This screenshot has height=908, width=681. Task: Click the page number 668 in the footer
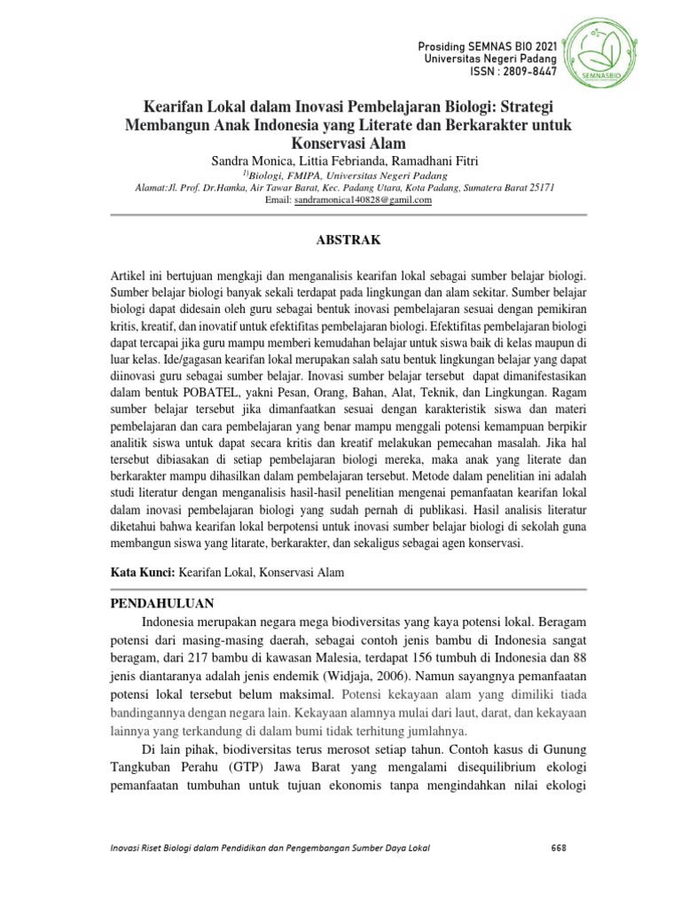point(559,848)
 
